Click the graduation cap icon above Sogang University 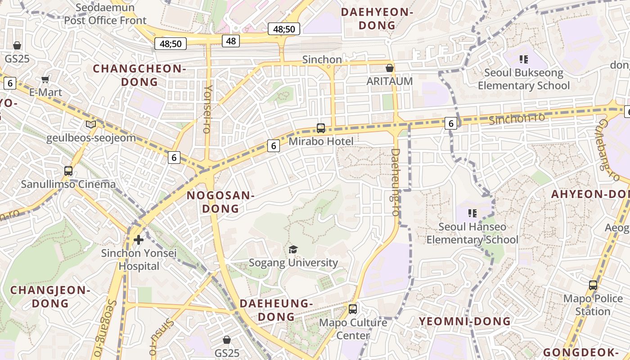tap(293, 249)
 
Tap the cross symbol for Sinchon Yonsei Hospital tap(139, 239)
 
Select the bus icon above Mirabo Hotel tap(321, 128)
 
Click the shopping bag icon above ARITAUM tap(390, 68)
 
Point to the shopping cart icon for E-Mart tap(45, 80)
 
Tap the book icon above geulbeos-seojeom tap(91, 125)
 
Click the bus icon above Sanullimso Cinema tap(68, 171)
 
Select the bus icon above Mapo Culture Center tap(353, 309)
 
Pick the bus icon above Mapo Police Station tap(593, 285)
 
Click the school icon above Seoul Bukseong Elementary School tap(523, 59)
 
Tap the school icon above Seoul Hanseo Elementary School tap(472, 213)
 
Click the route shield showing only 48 tap(231, 41)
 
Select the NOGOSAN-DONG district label tap(220, 202)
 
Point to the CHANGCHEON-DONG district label tap(139, 75)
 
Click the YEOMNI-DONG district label tap(465, 321)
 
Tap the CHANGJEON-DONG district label tap(50, 297)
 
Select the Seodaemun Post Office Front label tap(105, 14)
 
